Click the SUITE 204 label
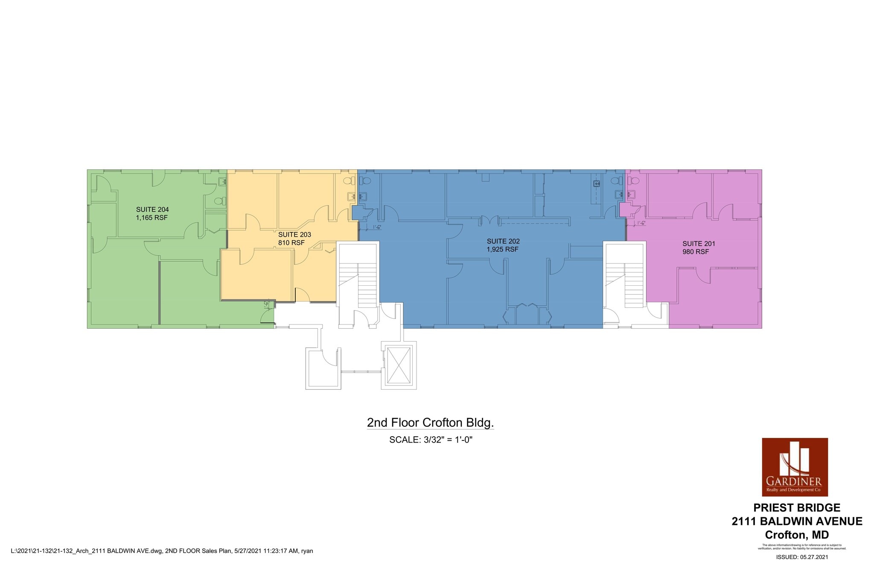coord(152,209)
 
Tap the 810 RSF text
coord(291,243)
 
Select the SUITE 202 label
coord(503,241)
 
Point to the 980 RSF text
coord(696,252)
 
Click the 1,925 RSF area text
coord(503,249)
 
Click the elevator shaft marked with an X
coord(399,365)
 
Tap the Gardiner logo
coord(795,467)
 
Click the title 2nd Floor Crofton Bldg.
coord(430,423)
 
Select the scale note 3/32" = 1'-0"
coord(431,440)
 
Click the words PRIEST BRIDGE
coord(797,507)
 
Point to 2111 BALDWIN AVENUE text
coord(797,521)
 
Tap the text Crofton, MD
coord(797,535)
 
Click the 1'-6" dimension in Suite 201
coord(641,223)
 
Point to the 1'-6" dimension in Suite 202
coord(376,227)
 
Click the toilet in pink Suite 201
coord(634,181)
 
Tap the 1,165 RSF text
coord(151,217)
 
